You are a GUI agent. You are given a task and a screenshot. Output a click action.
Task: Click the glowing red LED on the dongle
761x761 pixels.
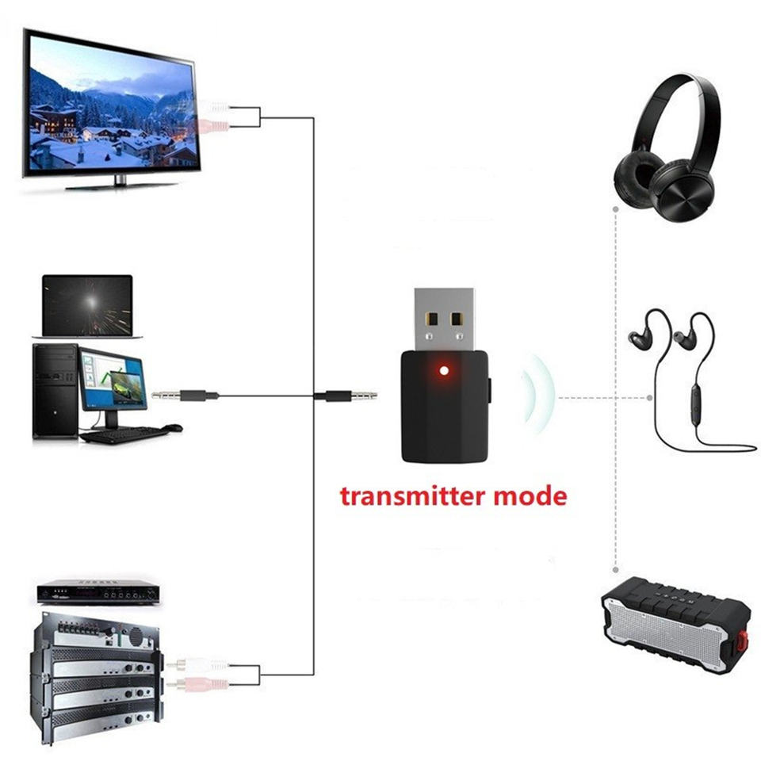tap(444, 371)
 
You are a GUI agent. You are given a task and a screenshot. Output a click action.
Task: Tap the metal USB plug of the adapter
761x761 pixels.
tap(445, 319)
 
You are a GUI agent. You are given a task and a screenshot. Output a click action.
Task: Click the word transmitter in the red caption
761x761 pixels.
tap(412, 496)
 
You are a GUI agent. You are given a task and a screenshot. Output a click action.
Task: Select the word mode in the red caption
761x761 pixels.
tap(530, 496)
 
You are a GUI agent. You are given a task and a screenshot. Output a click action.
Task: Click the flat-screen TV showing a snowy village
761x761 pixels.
tap(111, 109)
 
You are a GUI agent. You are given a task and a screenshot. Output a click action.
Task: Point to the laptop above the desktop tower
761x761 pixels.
tap(87, 307)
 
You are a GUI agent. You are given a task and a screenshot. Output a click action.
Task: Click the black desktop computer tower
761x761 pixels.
tap(55, 391)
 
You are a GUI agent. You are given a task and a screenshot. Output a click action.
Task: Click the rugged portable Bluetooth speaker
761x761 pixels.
tap(675, 625)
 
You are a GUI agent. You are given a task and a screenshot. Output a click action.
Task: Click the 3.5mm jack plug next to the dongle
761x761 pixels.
tap(346, 396)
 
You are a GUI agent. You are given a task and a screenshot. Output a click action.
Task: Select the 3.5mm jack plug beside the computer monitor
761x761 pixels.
tap(185, 396)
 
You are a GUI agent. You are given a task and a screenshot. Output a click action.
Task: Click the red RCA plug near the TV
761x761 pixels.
tap(213, 127)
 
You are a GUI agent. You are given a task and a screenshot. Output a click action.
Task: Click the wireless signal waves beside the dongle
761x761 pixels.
tap(538, 394)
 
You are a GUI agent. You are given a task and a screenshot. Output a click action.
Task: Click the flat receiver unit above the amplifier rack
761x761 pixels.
tap(98, 592)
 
